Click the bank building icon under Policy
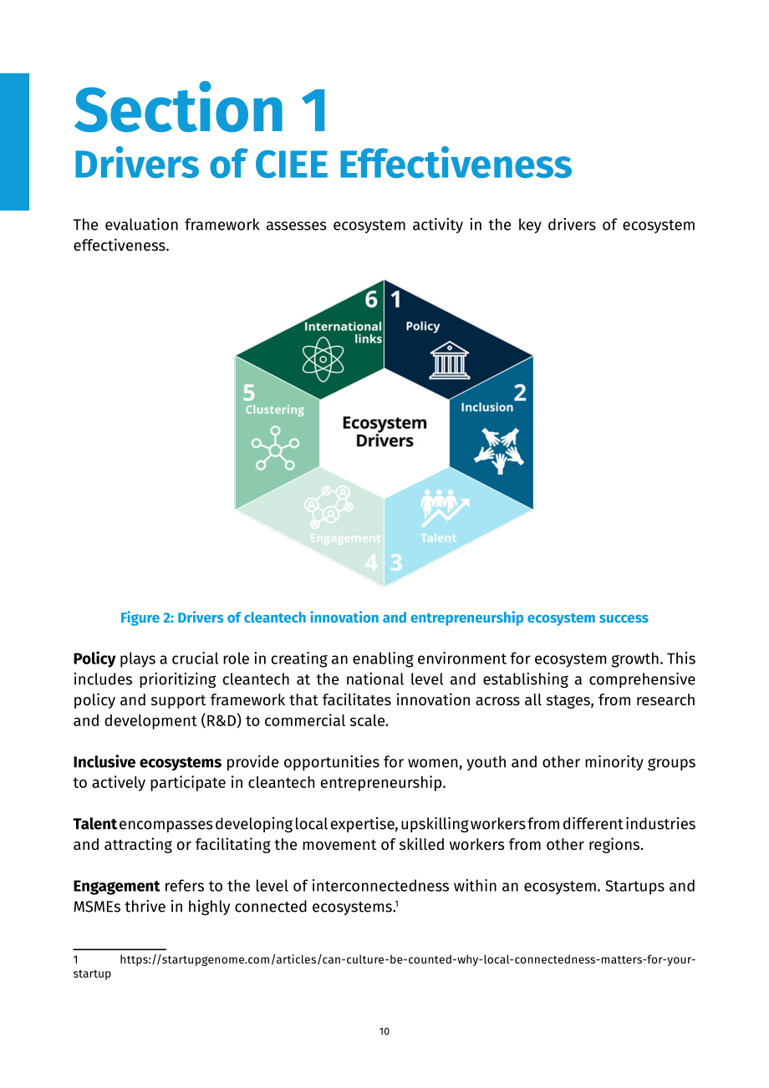coord(450,360)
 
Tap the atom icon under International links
coord(323,360)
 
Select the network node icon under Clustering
coord(275,448)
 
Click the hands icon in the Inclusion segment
coord(499,450)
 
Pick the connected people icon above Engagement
coord(328,506)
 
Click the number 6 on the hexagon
coord(371,299)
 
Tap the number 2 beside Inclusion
coord(520,393)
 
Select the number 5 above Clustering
coord(249,393)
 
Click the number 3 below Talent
coord(396,562)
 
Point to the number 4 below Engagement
coord(371,562)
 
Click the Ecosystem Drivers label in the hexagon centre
coord(384,432)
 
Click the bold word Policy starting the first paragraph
coord(94,659)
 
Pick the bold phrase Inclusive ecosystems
coord(147,762)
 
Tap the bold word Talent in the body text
coord(94,824)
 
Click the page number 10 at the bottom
coord(384,1031)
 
